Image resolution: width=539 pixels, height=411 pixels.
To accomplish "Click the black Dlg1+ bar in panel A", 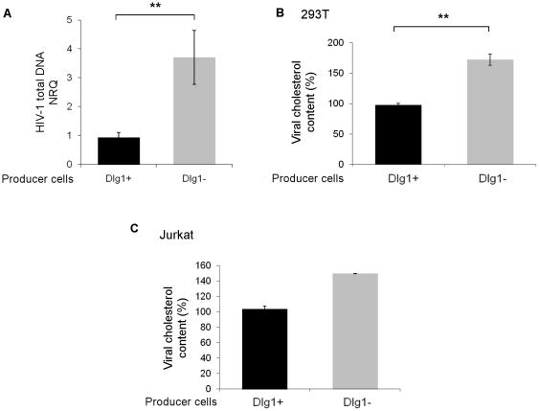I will tap(118, 150).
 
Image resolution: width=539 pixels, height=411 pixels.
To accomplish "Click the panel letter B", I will tap(280, 11).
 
